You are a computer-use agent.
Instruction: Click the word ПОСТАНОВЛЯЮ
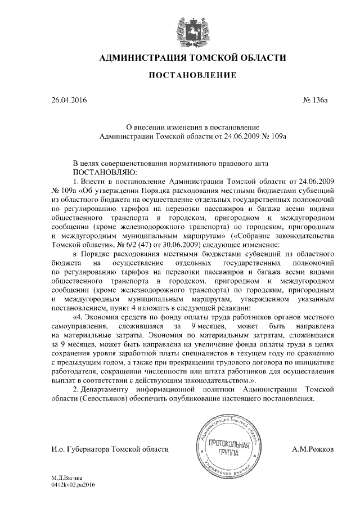click(103, 172)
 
